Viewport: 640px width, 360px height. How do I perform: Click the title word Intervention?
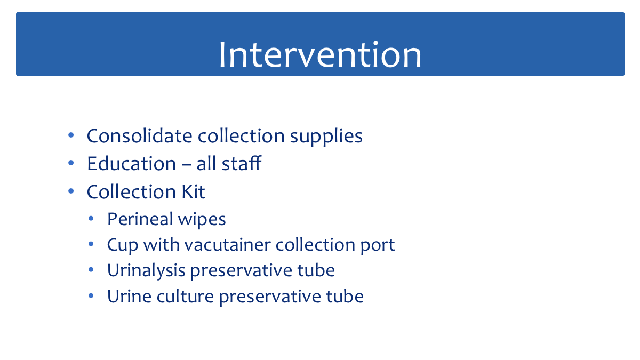tap(320, 54)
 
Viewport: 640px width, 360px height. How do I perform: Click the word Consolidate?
tap(139, 135)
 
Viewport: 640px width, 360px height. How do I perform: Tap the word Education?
tap(131, 163)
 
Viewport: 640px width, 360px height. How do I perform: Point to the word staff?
tap(242, 163)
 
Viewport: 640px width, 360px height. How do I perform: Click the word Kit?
tap(194, 191)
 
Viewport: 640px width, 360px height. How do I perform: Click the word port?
tap(378, 246)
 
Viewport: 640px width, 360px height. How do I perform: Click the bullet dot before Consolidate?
tap(71, 135)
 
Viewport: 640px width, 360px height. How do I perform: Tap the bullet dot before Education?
tap(71, 163)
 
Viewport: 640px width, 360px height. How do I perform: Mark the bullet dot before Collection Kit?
tap(71, 191)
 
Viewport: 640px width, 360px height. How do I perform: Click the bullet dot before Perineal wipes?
tap(91, 219)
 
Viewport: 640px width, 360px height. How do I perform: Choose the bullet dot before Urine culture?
tap(91, 295)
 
